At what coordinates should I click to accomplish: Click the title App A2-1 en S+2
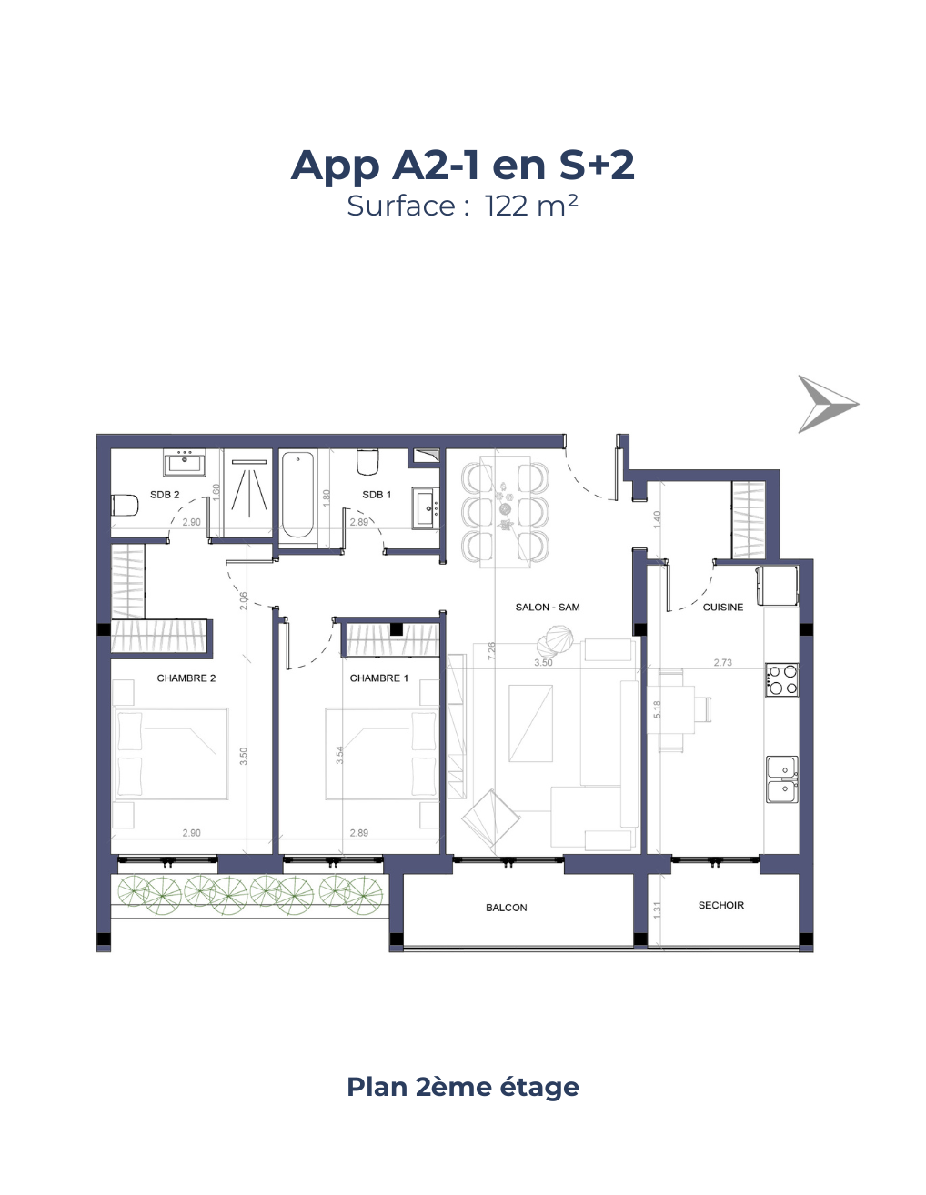tap(462, 165)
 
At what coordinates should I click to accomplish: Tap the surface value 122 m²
tap(531, 206)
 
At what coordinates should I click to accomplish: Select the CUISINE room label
tap(722, 608)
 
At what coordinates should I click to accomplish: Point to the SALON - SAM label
tap(547, 608)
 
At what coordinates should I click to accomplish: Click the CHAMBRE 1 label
tap(379, 678)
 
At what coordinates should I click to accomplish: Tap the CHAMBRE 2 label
tap(186, 678)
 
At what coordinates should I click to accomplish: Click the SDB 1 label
tap(376, 495)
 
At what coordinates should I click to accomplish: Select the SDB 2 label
tap(165, 495)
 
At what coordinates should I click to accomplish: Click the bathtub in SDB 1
tap(298, 495)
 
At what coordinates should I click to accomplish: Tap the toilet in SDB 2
tap(124, 505)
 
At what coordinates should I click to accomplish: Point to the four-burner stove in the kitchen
tap(781, 679)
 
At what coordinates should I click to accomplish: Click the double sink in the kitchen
tap(782, 779)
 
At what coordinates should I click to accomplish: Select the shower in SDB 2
tap(247, 491)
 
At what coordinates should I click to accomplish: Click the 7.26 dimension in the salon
tap(491, 650)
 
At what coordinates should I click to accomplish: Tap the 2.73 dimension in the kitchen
tap(722, 663)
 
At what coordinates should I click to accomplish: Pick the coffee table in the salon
tap(530, 723)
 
